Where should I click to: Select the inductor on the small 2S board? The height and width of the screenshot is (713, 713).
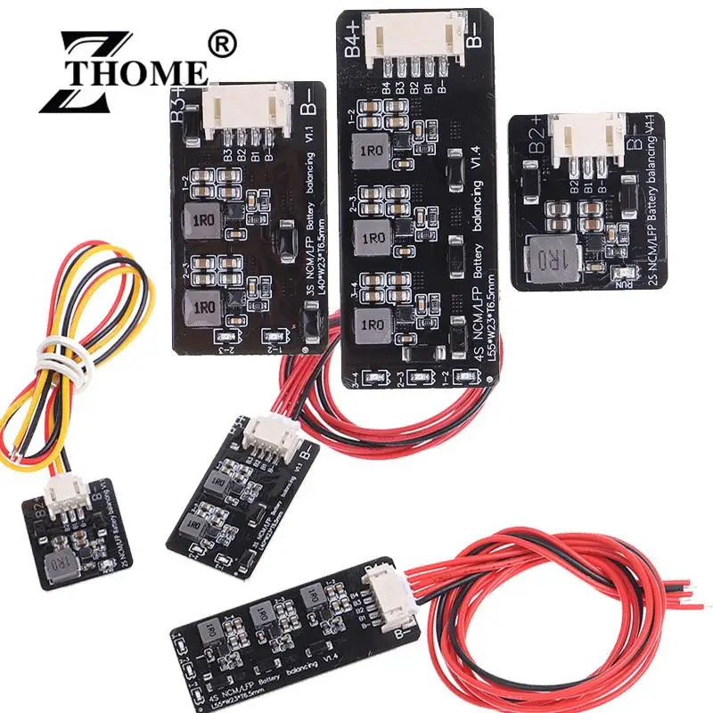(60, 563)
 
